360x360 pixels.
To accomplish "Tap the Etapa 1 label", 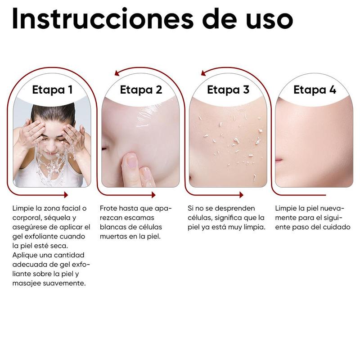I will pos(52,90).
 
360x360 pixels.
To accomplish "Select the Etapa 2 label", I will pos(141,90).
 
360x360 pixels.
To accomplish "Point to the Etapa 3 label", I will pos(228,90).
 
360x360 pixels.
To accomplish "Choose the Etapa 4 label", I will pos(315,90).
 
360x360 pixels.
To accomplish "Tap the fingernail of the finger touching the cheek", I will pos(131,161).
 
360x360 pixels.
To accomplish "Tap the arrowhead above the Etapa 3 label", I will pos(204,72).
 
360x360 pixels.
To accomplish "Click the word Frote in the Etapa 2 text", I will pos(108,208).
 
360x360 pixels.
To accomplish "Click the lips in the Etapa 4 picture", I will pos(279,161).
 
